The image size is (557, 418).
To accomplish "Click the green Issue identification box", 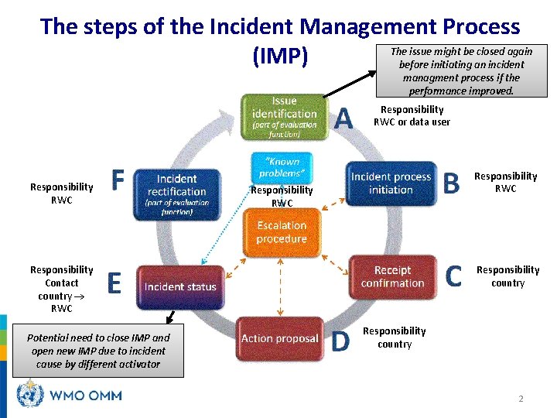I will pyautogui.click(x=284, y=117).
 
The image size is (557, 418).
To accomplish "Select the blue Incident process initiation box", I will pyautogui.click(x=391, y=183).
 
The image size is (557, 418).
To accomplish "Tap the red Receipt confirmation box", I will pyautogui.click(x=392, y=276).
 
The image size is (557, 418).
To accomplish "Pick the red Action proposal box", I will pyautogui.click(x=279, y=338).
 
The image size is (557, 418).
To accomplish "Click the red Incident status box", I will pyautogui.click(x=180, y=286).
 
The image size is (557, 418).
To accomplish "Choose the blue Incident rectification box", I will pyautogui.click(x=176, y=193).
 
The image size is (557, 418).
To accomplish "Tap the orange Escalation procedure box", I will pyautogui.click(x=282, y=232).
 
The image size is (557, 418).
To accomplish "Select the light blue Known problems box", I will pyautogui.click(x=282, y=168).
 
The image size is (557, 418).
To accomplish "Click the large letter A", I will pyautogui.click(x=343, y=119).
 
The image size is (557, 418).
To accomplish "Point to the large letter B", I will pyautogui.click(x=451, y=183).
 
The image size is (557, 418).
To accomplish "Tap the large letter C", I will pyautogui.click(x=454, y=276).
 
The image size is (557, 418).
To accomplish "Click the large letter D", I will pyautogui.click(x=340, y=341).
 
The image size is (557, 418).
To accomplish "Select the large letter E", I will pyautogui.click(x=114, y=284).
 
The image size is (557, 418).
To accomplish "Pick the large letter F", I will pyautogui.click(x=118, y=180).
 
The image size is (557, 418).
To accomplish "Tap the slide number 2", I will pyautogui.click(x=521, y=399).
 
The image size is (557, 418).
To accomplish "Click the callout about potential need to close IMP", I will pyautogui.click(x=98, y=351).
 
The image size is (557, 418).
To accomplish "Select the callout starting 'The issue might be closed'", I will pyautogui.click(x=460, y=71).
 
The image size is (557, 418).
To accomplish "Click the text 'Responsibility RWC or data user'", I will pyautogui.click(x=412, y=115).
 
